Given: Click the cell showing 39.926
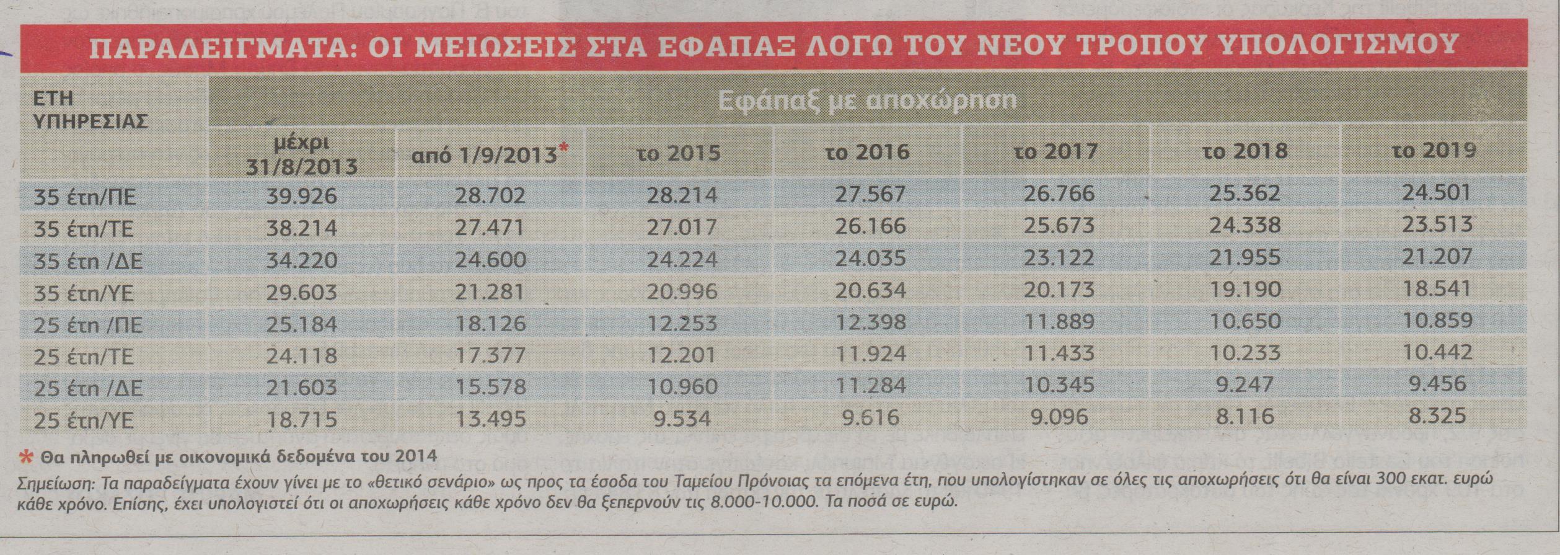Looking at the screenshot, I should pos(301,196).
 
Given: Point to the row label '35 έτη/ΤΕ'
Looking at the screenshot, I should pos(83,229).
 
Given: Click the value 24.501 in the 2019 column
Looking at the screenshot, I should pos(1436,192).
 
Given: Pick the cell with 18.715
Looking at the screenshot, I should pos(301,419).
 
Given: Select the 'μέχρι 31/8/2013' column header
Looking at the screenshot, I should pos(301,155).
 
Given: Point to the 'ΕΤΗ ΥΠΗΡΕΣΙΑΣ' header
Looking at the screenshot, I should pos(90,109).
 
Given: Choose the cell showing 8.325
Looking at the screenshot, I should pos(1436,415).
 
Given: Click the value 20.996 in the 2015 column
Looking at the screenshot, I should pos(682,291).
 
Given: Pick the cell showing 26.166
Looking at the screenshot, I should pos(870,226).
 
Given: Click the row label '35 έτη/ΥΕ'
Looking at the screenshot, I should pos(83,293).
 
